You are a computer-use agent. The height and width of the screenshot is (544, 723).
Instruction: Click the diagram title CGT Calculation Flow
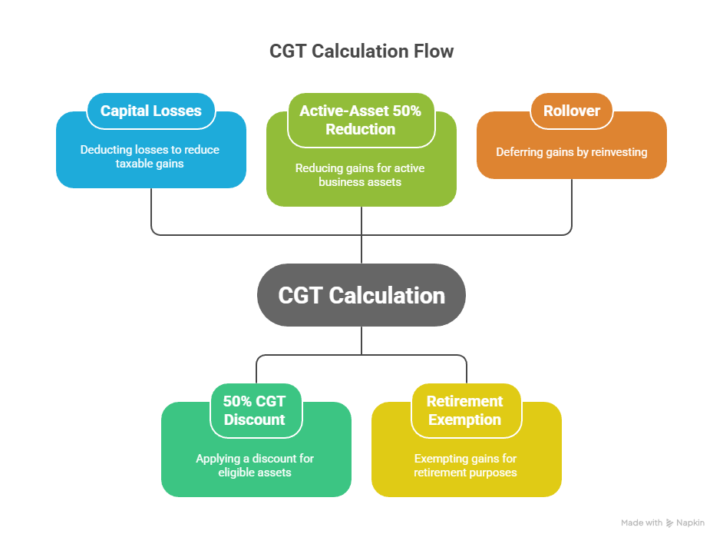click(361, 51)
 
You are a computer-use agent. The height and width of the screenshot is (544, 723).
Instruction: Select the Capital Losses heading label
click(150, 111)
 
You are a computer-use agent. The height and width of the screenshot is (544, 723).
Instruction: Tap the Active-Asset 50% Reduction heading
click(361, 120)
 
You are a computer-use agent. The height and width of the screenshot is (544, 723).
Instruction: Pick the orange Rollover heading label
click(571, 111)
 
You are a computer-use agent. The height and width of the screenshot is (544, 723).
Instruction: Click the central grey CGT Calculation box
click(361, 295)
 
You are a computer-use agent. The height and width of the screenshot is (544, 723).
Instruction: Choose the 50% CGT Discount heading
click(256, 410)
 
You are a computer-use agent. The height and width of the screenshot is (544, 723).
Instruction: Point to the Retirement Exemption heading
click(465, 410)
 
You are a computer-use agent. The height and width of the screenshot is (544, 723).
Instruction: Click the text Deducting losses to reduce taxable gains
click(150, 156)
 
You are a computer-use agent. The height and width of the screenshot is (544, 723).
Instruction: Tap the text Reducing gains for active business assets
click(361, 174)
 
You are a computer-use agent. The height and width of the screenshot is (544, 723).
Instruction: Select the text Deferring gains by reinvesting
click(571, 152)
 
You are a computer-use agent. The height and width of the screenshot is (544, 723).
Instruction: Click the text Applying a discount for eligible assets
click(255, 465)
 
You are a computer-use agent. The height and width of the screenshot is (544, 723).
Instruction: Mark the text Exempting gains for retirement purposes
click(465, 465)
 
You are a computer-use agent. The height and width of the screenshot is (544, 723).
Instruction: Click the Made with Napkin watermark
click(662, 522)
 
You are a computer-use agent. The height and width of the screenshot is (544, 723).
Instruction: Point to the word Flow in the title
click(433, 51)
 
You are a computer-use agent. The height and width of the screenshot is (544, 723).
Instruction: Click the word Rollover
click(571, 111)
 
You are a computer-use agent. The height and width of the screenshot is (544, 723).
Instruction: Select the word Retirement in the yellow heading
click(465, 401)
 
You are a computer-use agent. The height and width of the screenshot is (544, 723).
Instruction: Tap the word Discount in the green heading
click(255, 420)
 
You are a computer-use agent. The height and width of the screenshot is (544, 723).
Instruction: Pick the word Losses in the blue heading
click(177, 111)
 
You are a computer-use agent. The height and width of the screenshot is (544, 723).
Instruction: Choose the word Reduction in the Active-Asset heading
click(361, 129)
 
